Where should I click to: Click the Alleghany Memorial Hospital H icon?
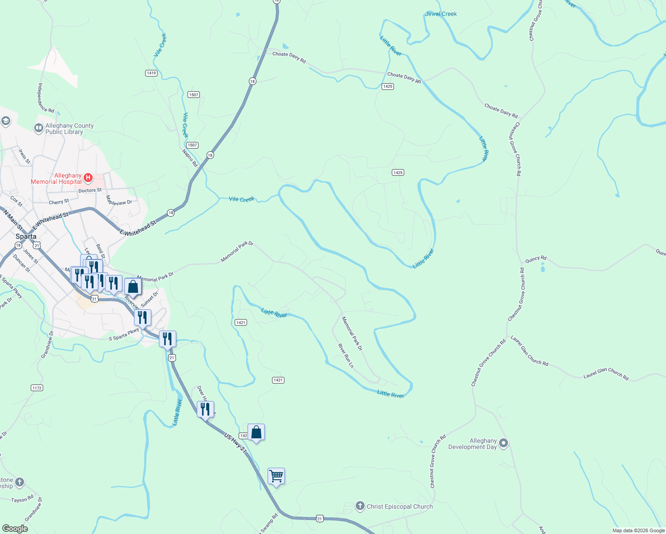88,178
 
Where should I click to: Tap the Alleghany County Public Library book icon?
39,129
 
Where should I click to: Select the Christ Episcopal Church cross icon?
360,506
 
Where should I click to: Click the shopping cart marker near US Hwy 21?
276,476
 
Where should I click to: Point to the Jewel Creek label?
441,14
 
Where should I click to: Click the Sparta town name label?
26,236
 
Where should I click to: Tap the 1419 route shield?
151,73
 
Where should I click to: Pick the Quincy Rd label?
536,259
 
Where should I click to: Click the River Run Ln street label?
346,356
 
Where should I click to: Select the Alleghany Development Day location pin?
504,443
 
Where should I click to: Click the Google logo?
15,529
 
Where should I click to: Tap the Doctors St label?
90,190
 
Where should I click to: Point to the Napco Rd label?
190,158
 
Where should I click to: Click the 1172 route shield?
37,388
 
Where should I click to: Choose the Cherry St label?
59,202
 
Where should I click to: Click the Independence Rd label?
46,98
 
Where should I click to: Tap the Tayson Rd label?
22,500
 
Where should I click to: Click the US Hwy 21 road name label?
235,444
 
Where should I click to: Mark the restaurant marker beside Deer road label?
205,409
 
